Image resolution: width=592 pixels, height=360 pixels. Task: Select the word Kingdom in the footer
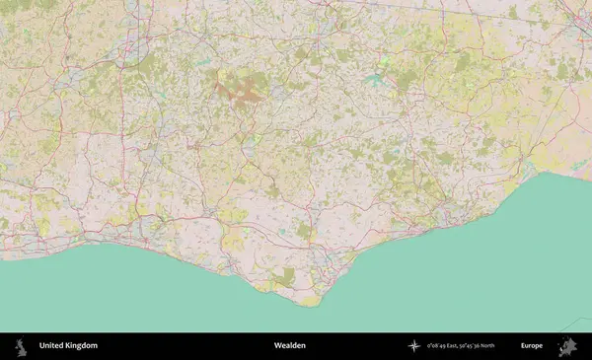[x=83, y=345]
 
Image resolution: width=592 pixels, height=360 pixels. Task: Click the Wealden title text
[x=290, y=345]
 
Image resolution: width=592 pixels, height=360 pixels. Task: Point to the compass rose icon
[x=414, y=345]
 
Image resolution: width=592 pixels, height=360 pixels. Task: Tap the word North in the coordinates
[x=504, y=345]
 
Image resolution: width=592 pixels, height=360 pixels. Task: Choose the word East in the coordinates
[x=457, y=345]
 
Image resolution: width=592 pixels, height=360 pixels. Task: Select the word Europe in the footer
[x=532, y=345]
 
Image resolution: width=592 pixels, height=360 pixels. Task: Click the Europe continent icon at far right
[x=567, y=345]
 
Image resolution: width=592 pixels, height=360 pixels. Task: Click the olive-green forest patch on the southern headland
[x=285, y=278]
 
